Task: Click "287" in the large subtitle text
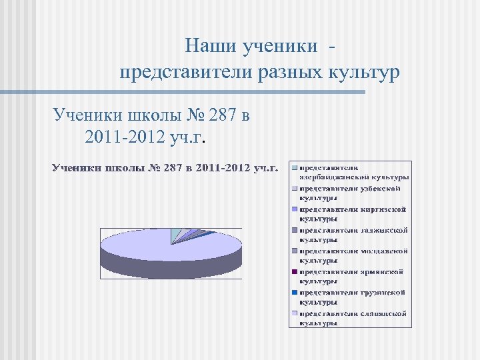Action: tap(222, 116)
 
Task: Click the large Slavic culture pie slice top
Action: tap(153, 247)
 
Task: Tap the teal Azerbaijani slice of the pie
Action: tap(176, 233)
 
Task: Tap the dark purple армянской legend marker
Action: tap(295, 272)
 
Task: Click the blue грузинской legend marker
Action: tap(295, 293)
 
